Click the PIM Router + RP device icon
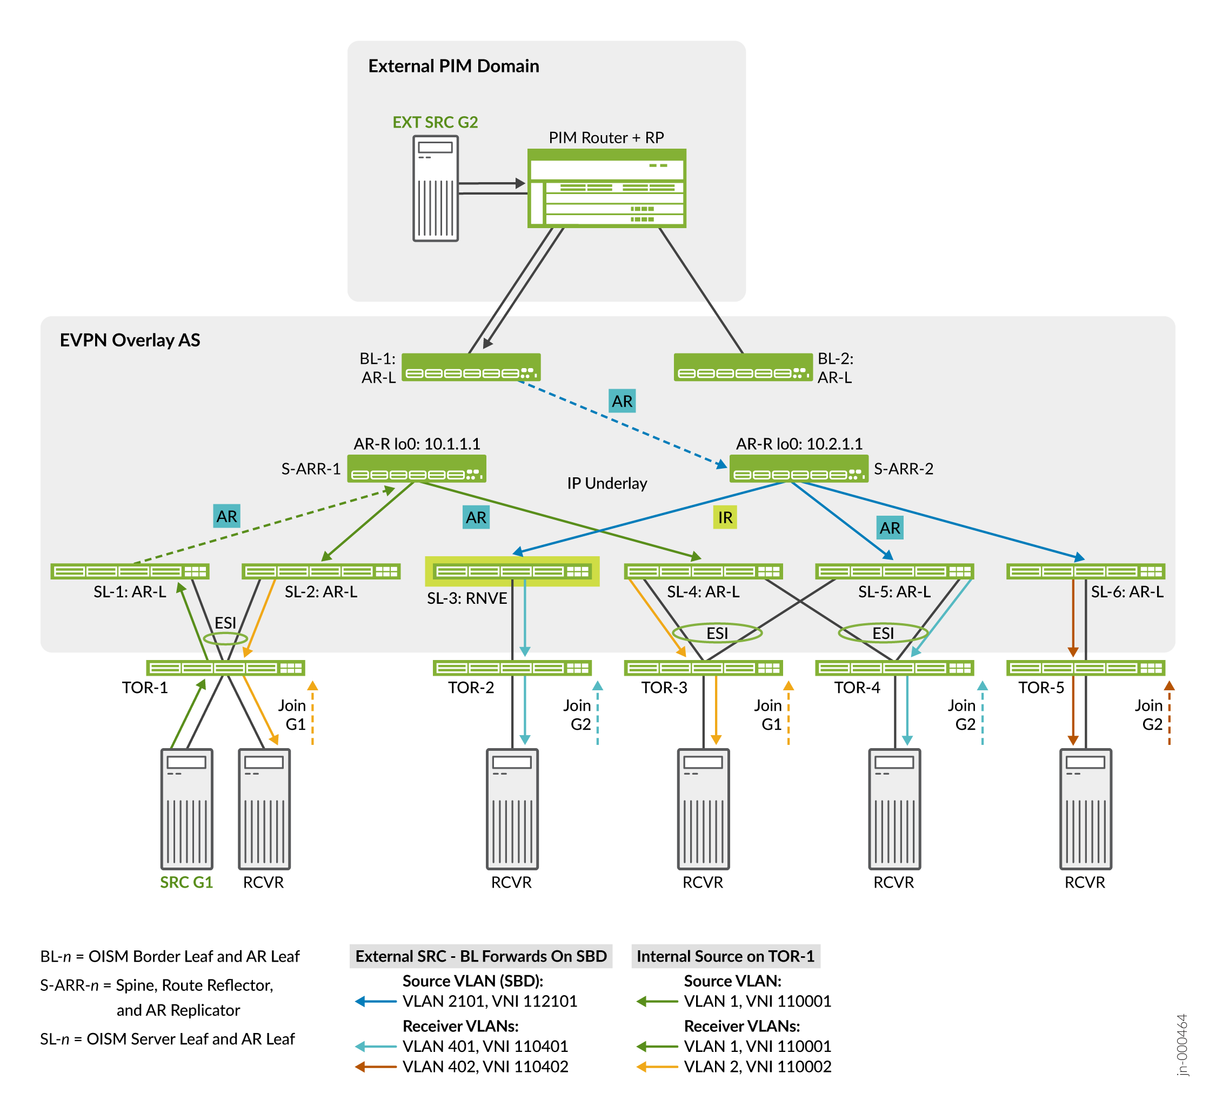click(606, 188)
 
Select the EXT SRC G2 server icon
click(435, 188)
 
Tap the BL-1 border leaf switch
click(471, 368)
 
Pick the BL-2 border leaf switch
click(743, 368)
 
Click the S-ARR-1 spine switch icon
click(416, 469)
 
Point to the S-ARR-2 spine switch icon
click(799, 469)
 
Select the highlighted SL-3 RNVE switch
click(512, 571)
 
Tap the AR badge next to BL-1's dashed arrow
click(622, 401)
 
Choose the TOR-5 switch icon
click(1085, 668)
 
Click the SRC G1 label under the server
click(186, 883)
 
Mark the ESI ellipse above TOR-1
click(225, 638)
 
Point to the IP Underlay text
click(607, 483)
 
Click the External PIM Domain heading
click(453, 66)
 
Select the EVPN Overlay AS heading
click(130, 340)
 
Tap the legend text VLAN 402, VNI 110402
click(485, 1067)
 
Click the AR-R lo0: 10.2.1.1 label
click(799, 444)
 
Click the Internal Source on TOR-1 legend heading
click(725, 956)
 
